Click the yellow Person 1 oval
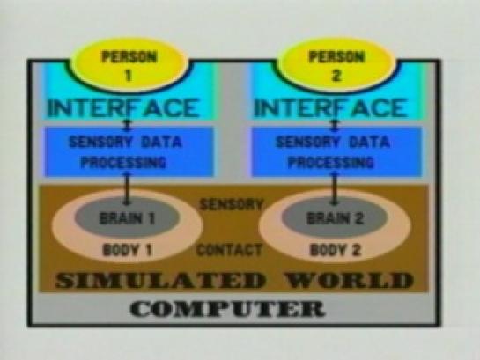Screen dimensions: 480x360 129,65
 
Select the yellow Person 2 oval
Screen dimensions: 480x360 336,65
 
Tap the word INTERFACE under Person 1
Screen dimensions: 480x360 123,108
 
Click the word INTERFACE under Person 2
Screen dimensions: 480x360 330,108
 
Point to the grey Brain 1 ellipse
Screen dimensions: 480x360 127,217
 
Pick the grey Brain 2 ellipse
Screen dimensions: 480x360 335,217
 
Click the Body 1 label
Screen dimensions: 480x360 128,250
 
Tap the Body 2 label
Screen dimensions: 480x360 336,250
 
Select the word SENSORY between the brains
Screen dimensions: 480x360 231,204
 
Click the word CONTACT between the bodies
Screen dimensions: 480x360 229,250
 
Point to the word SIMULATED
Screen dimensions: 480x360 160,280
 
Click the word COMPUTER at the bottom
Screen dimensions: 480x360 227,308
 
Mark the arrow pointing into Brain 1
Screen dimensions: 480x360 127,189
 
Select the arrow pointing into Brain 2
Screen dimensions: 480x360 335,189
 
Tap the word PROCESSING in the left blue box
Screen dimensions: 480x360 123,162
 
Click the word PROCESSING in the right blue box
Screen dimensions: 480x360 331,162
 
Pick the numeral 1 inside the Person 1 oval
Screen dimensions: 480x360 129,76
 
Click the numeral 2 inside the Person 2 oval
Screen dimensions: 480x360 336,76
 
